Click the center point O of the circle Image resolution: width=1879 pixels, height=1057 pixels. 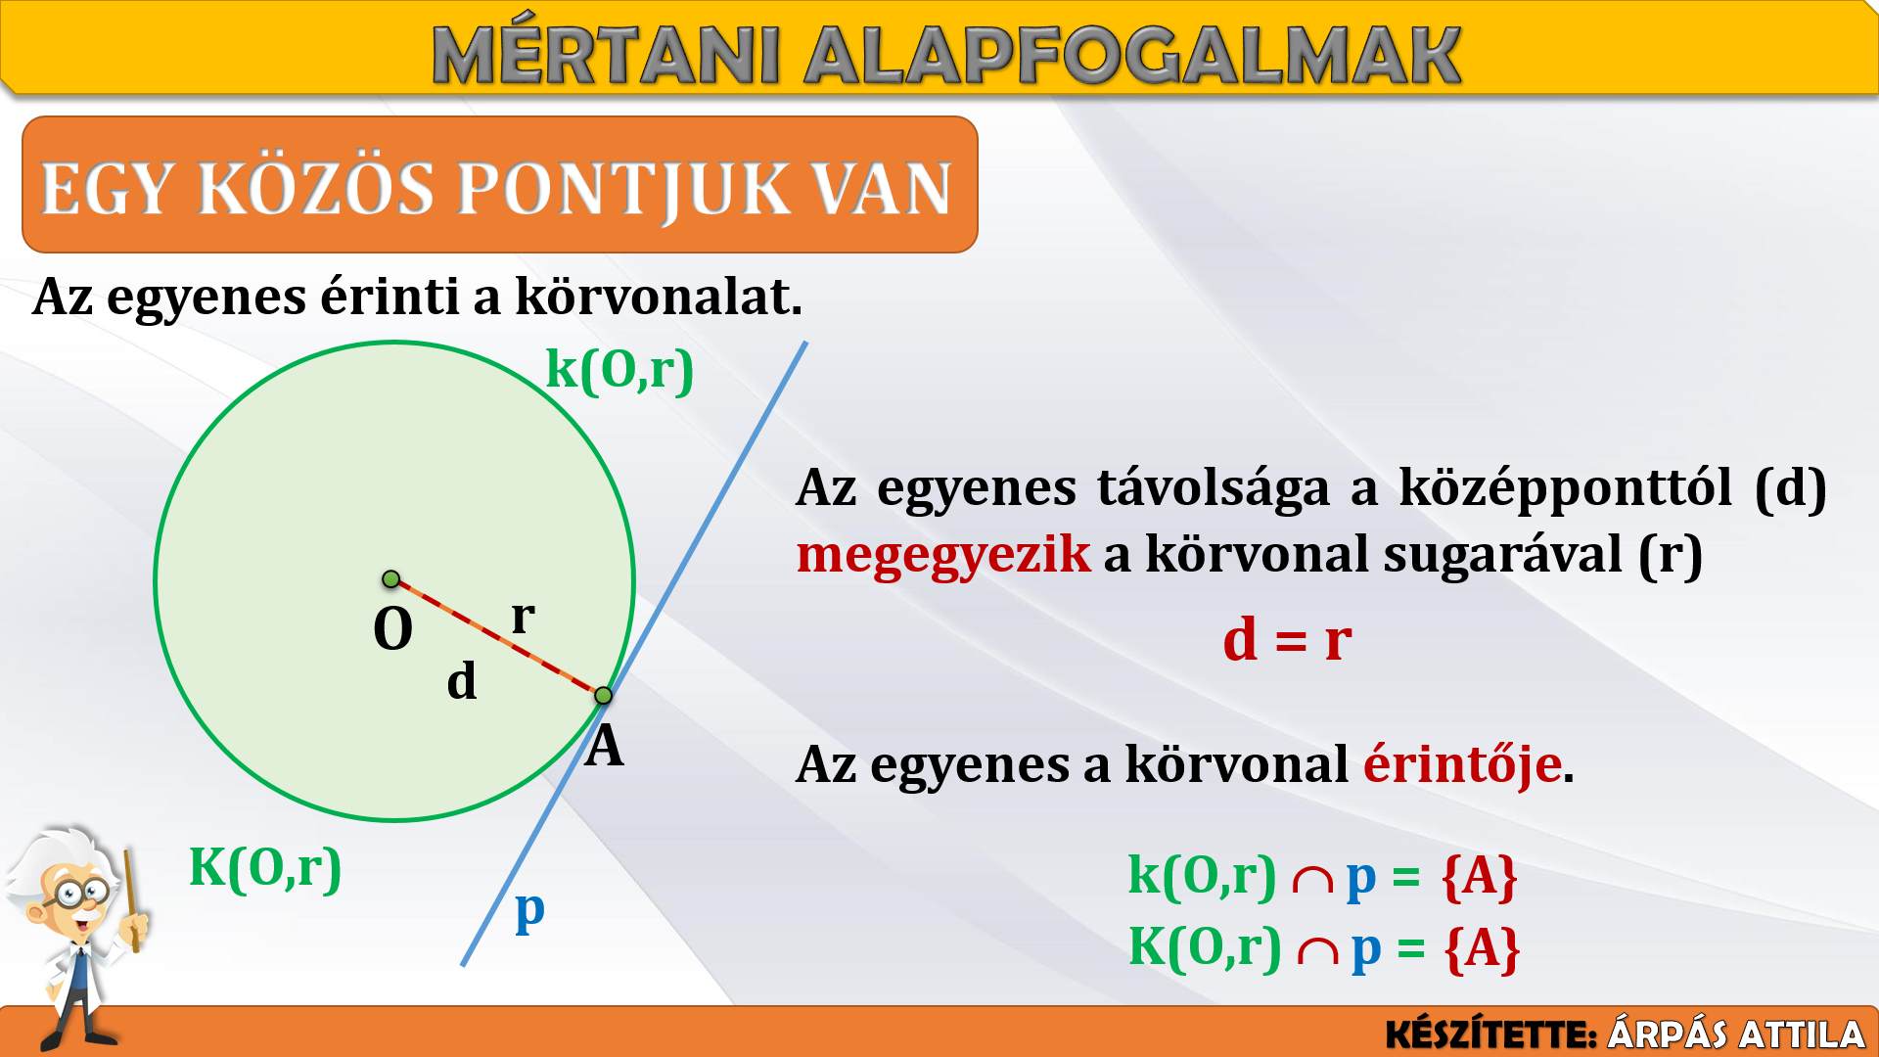[x=390, y=579]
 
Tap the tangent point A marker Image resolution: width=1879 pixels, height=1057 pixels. [x=603, y=695]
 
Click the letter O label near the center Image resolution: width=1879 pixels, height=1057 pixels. [x=393, y=628]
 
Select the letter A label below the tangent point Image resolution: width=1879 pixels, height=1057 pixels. [x=605, y=747]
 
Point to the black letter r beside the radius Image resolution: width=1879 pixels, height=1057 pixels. [x=524, y=617]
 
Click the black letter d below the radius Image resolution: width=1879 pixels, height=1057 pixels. [x=462, y=680]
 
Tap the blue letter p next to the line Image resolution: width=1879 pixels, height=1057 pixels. [x=529, y=912]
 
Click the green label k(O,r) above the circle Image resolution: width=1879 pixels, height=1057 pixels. [x=619, y=370]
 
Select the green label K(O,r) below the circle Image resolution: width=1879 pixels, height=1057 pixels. [x=265, y=867]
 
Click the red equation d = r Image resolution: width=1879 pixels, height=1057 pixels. [x=1287, y=640]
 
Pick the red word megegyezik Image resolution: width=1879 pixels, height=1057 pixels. [x=943, y=555]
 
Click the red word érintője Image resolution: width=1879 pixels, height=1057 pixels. [x=1462, y=764]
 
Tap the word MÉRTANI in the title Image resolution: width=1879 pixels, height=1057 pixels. [x=606, y=56]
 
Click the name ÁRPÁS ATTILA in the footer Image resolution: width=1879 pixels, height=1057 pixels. [x=1736, y=1034]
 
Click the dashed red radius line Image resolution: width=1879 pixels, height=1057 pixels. [x=497, y=637]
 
